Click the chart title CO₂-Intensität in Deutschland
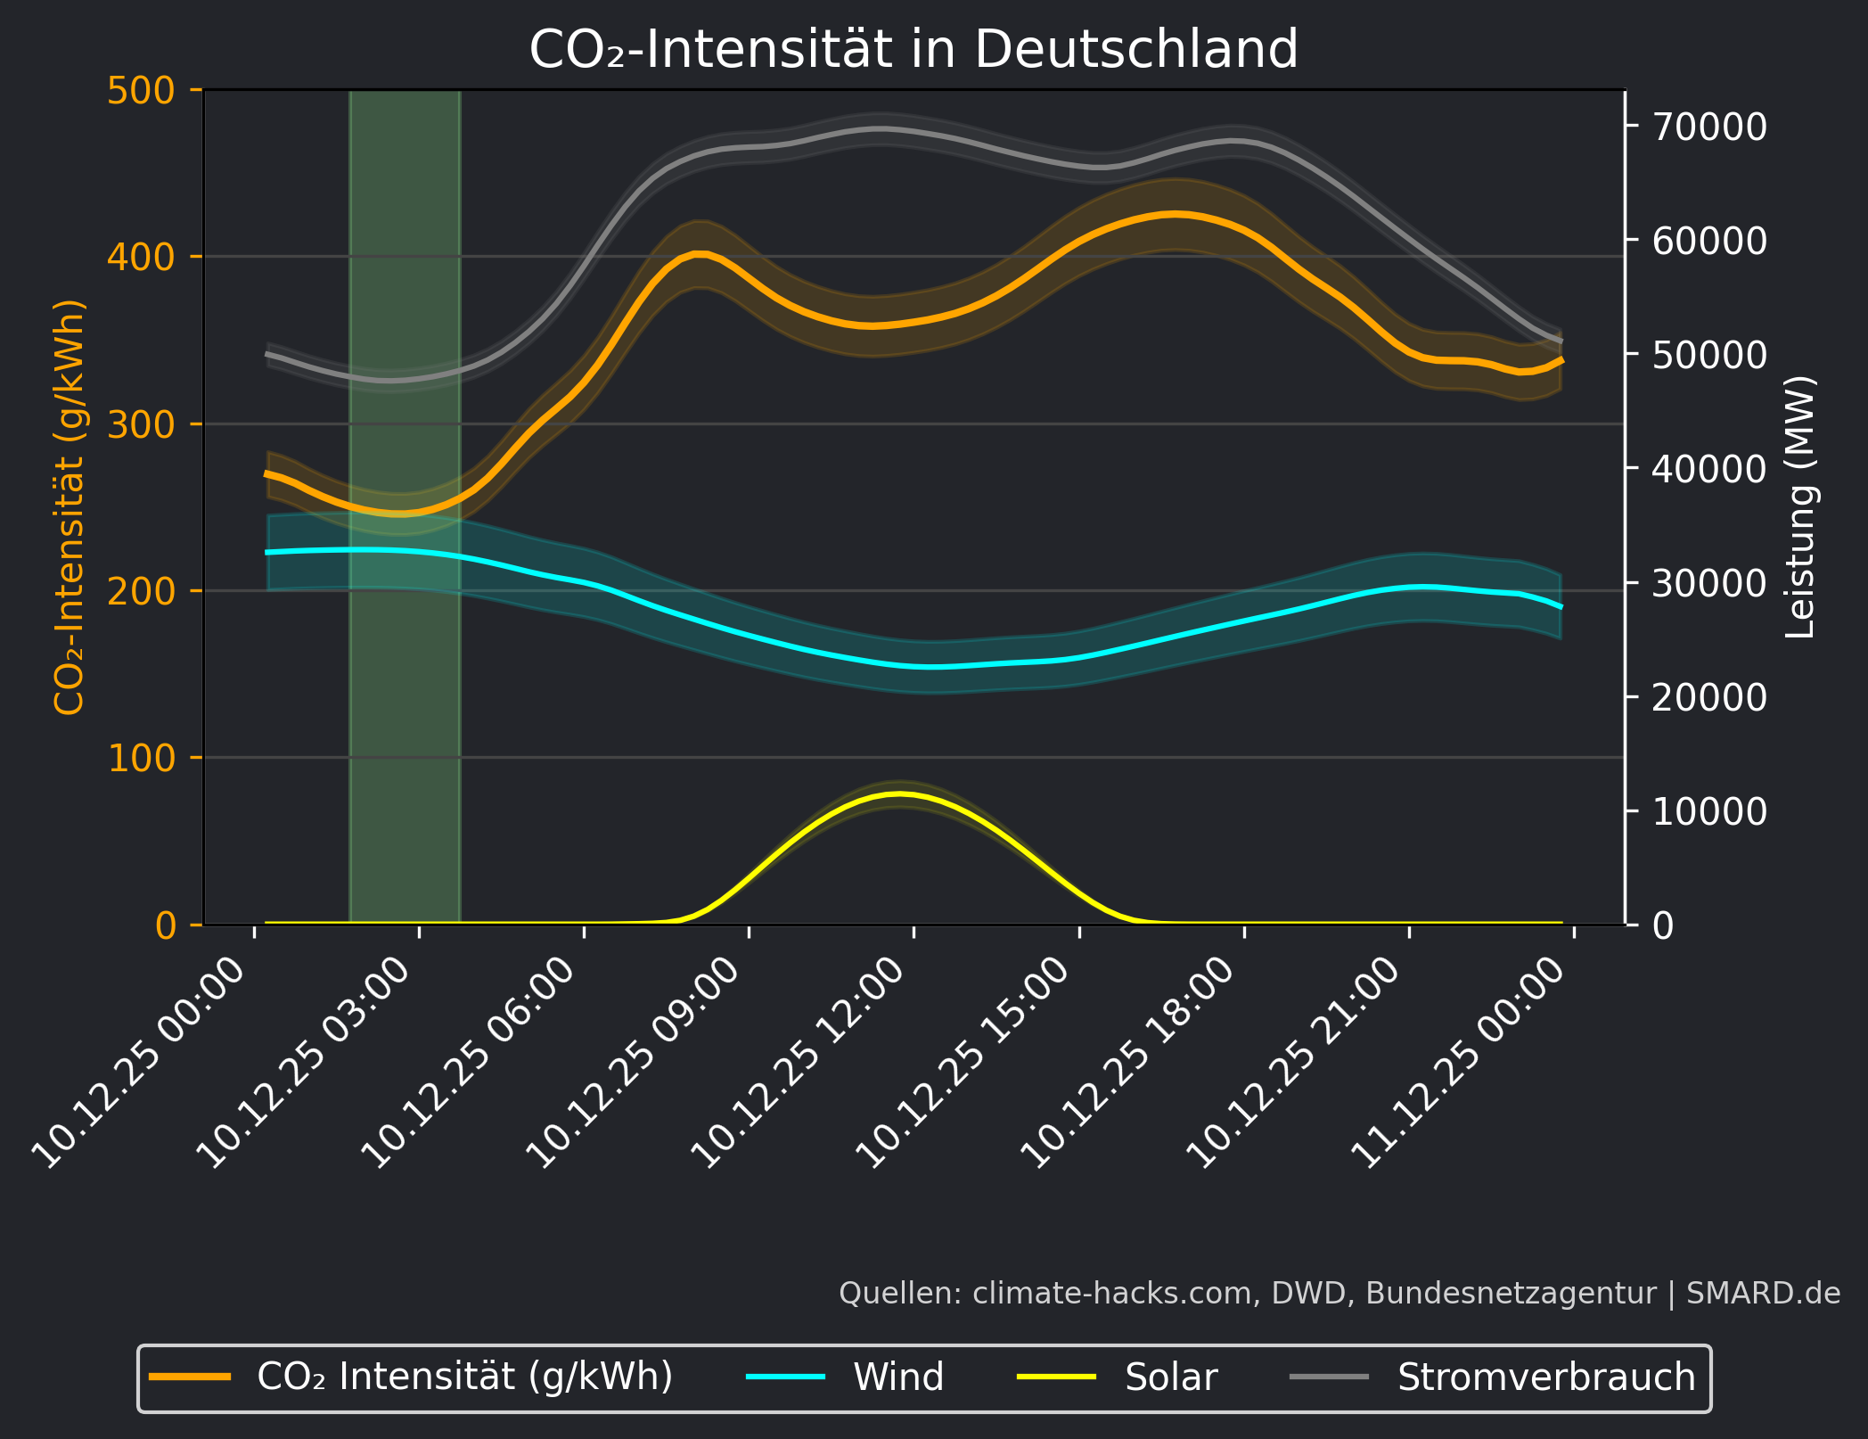(x=914, y=49)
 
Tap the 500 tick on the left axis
(x=141, y=91)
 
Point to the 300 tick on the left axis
(x=141, y=424)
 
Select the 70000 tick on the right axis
(x=1708, y=127)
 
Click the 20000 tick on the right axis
(x=1708, y=697)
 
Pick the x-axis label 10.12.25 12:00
(x=800, y=1063)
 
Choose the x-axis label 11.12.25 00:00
(x=1460, y=1063)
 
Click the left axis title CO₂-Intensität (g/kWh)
(x=70, y=506)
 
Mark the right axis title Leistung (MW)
(x=1800, y=506)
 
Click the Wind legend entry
(x=897, y=1377)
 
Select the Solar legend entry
(x=1170, y=1377)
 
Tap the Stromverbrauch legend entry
(x=1545, y=1377)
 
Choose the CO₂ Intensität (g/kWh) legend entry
(x=464, y=1377)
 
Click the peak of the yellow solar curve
(x=899, y=793)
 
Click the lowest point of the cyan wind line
(x=931, y=667)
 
